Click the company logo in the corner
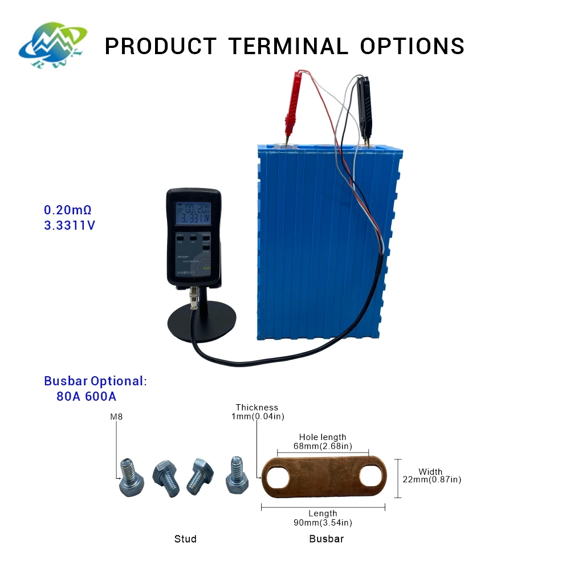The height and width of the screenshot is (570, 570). pos(52,44)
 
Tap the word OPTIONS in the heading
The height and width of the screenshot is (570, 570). pos(412,46)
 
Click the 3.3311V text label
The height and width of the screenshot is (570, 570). pos(70,225)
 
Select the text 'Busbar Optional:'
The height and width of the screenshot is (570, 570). pos(95,381)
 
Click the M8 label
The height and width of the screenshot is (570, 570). pos(116,417)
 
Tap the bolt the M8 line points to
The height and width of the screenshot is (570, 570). pos(131,479)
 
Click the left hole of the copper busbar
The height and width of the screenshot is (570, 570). pos(276,478)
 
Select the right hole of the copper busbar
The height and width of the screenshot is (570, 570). pos(371,478)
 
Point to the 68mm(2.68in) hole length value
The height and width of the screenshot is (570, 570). pos(323,445)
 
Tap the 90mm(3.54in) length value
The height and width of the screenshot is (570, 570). pos(323,523)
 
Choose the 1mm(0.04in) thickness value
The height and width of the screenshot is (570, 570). pos(257,416)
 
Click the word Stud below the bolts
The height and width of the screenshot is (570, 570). pos(185,539)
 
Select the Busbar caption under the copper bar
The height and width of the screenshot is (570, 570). pos(327,539)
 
